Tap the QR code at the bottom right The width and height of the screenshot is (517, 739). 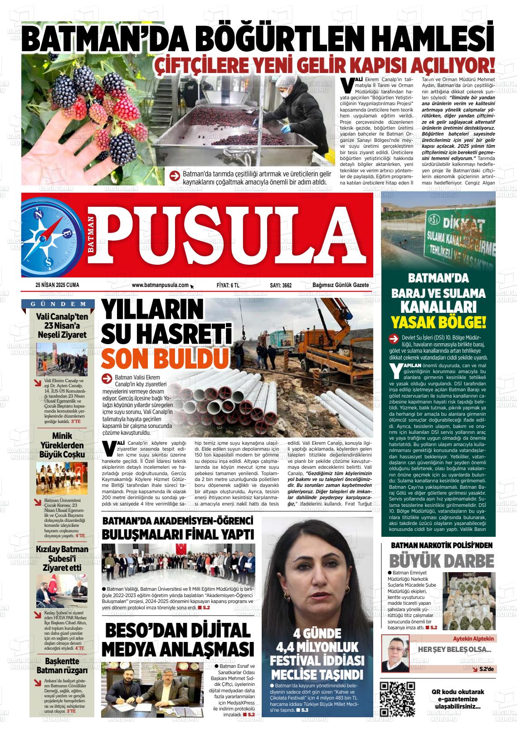[397, 699]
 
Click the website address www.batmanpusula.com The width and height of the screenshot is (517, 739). [160, 285]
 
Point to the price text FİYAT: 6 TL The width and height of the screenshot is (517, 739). [228, 285]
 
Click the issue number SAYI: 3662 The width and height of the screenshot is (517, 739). [281, 285]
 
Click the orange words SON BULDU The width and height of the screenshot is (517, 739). [165, 358]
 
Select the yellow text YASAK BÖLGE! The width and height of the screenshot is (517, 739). [439, 322]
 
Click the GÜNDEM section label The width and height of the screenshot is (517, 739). [58, 304]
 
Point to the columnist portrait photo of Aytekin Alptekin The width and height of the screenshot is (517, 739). [395, 653]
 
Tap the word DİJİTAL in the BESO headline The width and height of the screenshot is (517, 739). [215, 631]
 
